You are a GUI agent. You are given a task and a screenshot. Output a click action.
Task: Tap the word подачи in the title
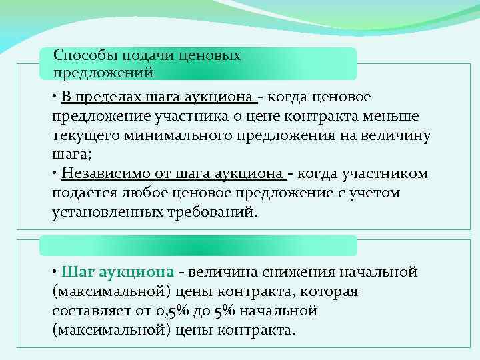[x=143, y=55]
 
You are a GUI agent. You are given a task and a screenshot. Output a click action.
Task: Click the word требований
[x=211, y=213]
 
